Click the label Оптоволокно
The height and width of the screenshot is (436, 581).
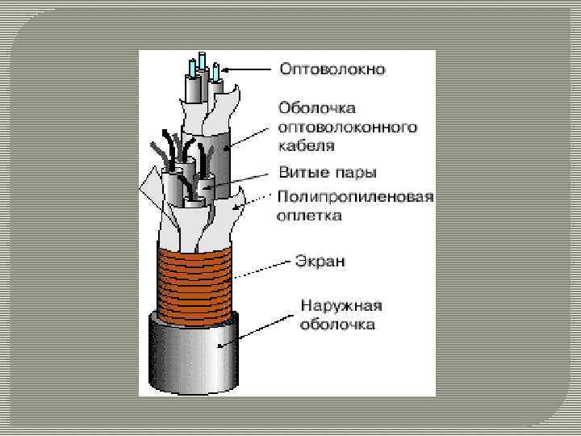tap(332, 69)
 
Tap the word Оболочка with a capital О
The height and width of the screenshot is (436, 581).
tap(311, 108)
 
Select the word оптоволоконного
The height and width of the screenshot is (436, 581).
tap(348, 128)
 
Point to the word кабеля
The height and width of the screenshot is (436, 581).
tap(307, 147)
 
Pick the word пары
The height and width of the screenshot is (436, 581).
tap(357, 173)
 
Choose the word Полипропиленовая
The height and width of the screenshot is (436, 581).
tap(355, 197)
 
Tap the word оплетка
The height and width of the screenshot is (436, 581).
tap(310, 216)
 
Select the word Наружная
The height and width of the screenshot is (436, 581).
tap(341, 306)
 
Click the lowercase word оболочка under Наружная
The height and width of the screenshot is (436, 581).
tap(337, 325)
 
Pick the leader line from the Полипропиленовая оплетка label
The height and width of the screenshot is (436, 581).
tap(258, 200)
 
